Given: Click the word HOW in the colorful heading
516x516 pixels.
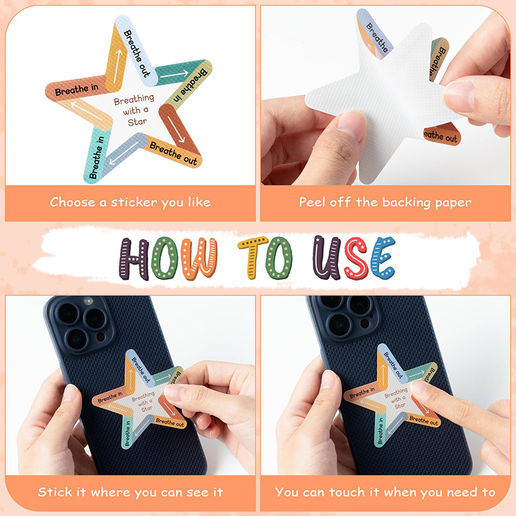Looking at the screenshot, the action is pos(168,259).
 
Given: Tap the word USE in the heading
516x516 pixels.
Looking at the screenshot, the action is pos(353,257).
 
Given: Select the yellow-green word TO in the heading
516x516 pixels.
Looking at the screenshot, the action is pos(265,257).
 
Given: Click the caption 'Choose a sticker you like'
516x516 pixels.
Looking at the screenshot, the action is pos(130,202).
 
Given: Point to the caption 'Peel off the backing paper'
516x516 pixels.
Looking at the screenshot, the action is pos(385,202).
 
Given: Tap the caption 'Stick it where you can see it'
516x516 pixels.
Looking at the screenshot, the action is pos(130,492).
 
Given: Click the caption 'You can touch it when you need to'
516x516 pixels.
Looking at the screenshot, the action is pos(385,492).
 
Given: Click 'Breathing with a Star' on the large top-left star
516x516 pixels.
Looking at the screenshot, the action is pos(134,110).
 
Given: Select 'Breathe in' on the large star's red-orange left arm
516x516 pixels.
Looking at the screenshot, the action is pos(77,90).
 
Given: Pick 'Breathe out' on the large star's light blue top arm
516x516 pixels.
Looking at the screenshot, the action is pos(137,54).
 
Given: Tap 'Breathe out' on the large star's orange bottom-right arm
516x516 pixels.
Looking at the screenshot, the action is pos(174,153).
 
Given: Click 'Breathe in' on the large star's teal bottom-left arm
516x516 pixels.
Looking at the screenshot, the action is pos(96,157).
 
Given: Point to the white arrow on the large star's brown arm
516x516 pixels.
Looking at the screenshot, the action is pos(176,129).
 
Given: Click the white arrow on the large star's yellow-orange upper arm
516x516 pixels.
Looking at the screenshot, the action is pos(118,66).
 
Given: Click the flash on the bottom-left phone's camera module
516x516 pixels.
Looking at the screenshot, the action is pos(88,301).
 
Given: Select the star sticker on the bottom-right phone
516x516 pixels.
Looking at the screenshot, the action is pos(391,395).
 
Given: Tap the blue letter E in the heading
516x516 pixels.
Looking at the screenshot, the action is pos(382,257).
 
